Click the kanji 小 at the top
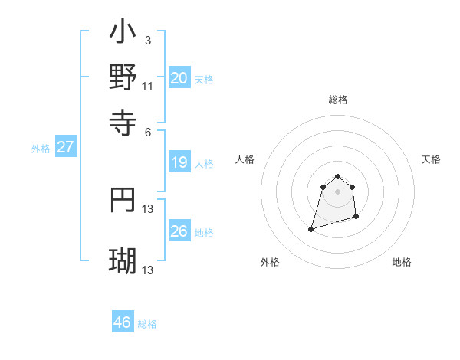click(123, 33)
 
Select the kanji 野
click(123, 77)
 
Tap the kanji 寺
click(123, 120)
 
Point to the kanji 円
click(123, 200)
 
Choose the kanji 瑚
click(123, 260)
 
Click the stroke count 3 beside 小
click(147, 39)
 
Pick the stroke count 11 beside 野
click(148, 86)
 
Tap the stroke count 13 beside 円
click(149, 208)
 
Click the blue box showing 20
click(179, 77)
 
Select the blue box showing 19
click(179, 162)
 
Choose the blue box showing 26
click(179, 231)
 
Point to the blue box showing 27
click(65, 147)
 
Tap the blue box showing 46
click(123, 322)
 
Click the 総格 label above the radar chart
click(338, 100)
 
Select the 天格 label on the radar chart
click(431, 159)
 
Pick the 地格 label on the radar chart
click(402, 262)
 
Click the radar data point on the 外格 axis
click(311, 228)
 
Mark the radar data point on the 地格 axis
click(356, 217)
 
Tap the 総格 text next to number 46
click(147, 324)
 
